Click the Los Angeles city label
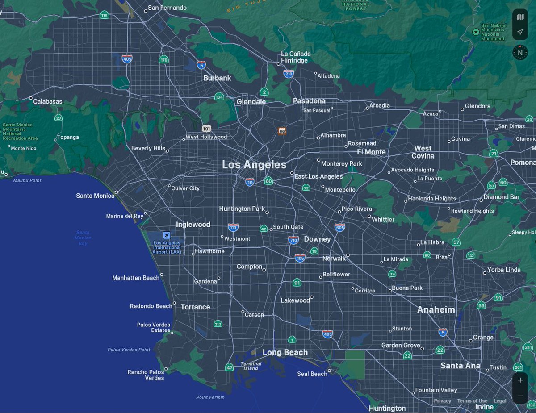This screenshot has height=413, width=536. click(x=254, y=165)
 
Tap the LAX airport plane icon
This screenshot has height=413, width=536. click(x=167, y=235)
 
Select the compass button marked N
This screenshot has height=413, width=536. click(x=520, y=52)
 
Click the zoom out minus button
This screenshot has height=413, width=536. click(x=520, y=396)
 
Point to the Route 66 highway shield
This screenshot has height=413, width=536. click(x=282, y=131)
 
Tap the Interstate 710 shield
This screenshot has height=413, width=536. click(x=293, y=240)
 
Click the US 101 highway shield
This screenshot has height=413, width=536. click(x=206, y=128)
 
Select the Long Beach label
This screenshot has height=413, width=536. click(x=285, y=353)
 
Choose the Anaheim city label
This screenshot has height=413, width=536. click(x=436, y=309)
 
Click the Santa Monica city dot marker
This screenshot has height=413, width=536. click(x=117, y=192)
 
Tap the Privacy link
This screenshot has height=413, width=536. click(x=442, y=401)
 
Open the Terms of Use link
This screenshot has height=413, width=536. click(x=472, y=401)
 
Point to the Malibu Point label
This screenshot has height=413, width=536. click(x=27, y=180)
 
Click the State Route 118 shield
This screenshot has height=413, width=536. click(x=105, y=15)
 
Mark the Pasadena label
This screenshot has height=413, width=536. click(x=309, y=101)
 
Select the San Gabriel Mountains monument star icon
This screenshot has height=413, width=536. click(x=476, y=32)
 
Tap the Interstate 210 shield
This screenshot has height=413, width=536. click(x=289, y=74)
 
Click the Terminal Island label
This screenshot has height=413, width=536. click(x=251, y=366)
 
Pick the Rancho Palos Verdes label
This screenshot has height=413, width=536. click(x=146, y=375)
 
